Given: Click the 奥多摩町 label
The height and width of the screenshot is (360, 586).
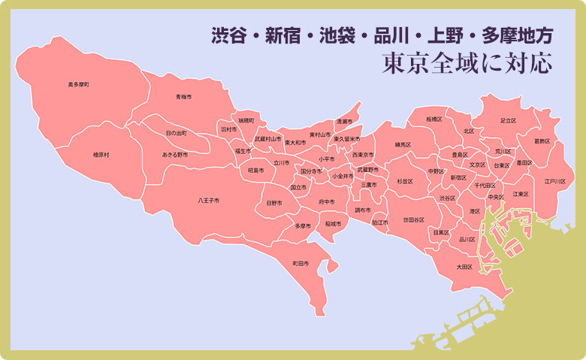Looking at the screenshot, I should coord(79,85).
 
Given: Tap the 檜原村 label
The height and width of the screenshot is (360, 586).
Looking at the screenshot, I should coord(101,155).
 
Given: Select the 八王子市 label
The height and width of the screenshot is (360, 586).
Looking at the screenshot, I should coord(209,201).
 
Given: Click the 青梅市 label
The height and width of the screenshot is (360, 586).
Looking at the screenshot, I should coord(184,97).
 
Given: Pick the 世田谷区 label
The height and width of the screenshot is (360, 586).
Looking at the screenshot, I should coord(414,220).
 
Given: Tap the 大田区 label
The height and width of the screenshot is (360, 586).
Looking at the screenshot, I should coord(464,266).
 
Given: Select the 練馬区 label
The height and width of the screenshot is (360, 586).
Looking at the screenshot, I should coord(404,144).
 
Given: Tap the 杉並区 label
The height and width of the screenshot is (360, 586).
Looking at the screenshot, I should coord(405,181).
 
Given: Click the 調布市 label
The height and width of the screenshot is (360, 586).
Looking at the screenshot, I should coord(364,210).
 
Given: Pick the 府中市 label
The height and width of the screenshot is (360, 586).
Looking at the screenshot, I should coord(327,201).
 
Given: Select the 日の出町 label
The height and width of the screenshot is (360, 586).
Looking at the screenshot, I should coord(177,133).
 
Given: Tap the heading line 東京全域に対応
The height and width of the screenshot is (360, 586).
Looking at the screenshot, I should coord(467,63).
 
